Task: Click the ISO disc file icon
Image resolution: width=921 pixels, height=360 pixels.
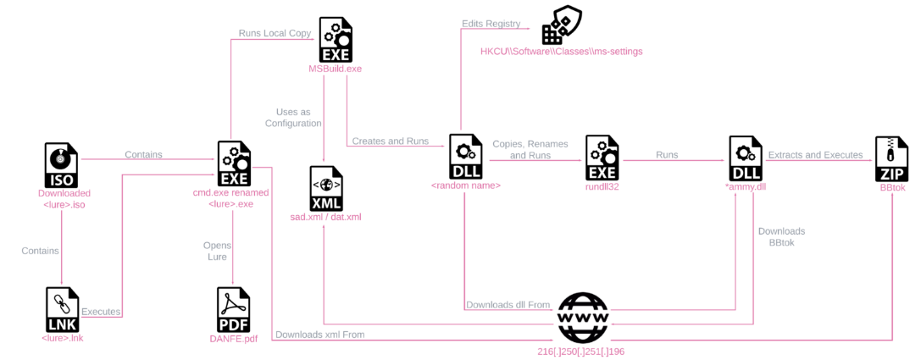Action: tap(62, 164)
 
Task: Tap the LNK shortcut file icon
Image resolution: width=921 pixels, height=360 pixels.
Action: tap(62, 309)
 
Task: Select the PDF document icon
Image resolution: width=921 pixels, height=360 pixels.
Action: tap(233, 309)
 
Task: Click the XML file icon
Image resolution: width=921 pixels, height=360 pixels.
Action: tap(326, 188)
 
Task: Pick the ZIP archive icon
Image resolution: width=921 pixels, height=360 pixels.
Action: tap(891, 158)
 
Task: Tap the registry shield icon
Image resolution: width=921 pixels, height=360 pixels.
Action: tap(560, 23)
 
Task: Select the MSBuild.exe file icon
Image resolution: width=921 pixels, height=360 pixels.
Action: tap(336, 39)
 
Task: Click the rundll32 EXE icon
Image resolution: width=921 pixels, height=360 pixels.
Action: tap(602, 158)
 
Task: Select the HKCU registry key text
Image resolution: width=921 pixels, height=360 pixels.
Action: tap(562, 52)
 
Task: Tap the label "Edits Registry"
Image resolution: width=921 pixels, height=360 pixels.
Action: tap(491, 24)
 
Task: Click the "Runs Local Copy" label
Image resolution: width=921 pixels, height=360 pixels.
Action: tap(275, 34)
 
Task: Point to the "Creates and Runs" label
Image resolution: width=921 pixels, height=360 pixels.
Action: tap(390, 141)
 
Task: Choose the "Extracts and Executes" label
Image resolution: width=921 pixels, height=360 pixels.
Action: tap(815, 156)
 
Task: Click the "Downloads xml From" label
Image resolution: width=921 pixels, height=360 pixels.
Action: tap(320, 335)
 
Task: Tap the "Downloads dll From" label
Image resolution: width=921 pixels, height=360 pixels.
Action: tap(508, 306)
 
